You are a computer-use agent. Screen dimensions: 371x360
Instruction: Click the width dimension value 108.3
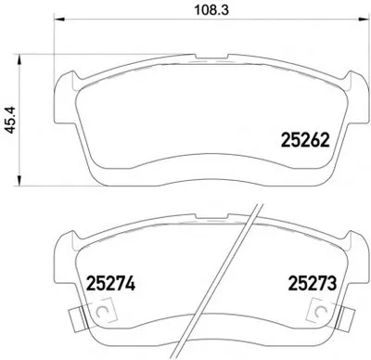[x=211, y=10]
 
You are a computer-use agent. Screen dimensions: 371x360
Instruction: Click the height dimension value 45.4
[x=11, y=120]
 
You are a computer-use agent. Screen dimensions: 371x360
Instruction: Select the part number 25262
[x=305, y=141]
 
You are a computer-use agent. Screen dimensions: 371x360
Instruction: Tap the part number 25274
[x=110, y=283]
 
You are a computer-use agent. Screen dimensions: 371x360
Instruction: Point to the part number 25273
[x=312, y=283]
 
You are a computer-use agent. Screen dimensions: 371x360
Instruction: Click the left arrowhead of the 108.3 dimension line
[x=59, y=19]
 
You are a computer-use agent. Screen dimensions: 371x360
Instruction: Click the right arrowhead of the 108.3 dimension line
[x=362, y=19]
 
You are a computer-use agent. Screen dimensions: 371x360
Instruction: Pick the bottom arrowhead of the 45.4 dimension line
[x=19, y=181]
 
